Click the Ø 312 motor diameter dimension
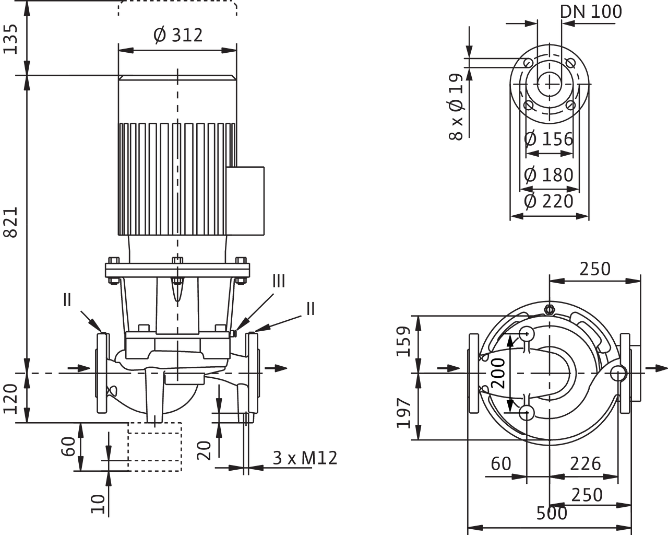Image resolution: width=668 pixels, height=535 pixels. [178, 35]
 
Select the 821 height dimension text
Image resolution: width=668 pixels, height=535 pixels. [11, 223]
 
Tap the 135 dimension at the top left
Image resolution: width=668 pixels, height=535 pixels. [11, 39]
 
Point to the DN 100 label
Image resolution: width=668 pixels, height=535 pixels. [591, 12]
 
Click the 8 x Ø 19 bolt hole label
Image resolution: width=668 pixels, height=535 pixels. [456, 107]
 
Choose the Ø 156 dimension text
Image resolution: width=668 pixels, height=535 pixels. [548, 139]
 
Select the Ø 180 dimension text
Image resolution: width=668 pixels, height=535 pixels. [548, 175]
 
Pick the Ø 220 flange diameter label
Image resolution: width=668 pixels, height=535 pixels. [548, 201]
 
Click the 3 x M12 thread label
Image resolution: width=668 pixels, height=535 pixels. [305, 458]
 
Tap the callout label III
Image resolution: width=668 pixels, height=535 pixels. [279, 281]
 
